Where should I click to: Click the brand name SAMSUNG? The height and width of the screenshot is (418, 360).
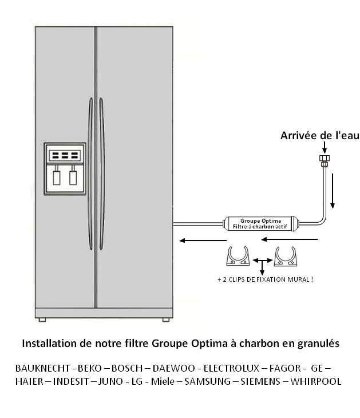(x=207, y=381)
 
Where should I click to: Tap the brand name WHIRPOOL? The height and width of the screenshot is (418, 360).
(x=316, y=381)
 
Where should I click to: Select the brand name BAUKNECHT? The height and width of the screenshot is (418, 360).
(x=42, y=368)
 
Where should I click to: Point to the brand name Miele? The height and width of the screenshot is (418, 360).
(x=163, y=381)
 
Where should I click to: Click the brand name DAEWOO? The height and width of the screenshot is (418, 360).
(x=174, y=368)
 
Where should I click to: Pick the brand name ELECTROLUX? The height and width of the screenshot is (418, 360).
(x=231, y=368)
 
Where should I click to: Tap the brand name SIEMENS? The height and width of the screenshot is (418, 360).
(x=260, y=381)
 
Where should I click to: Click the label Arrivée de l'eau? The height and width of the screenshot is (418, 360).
(x=320, y=136)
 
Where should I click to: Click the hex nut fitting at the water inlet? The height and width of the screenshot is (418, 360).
(x=325, y=158)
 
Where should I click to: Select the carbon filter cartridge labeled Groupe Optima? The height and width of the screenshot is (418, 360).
(x=260, y=224)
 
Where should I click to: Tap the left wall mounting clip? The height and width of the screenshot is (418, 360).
(x=238, y=256)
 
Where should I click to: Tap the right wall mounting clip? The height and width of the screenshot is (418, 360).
(x=286, y=257)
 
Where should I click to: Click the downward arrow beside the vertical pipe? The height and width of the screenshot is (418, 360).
(x=333, y=191)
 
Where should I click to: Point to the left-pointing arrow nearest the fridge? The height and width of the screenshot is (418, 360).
(x=203, y=240)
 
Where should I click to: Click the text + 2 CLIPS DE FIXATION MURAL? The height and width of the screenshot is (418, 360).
(x=265, y=279)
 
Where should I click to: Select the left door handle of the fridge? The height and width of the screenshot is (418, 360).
(x=90, y=174)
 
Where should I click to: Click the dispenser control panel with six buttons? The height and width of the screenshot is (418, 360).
(x=65, y=155)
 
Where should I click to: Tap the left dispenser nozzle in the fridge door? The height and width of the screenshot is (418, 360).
(x=57, y=175)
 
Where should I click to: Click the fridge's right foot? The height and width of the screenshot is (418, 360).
(x=166, y=320)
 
